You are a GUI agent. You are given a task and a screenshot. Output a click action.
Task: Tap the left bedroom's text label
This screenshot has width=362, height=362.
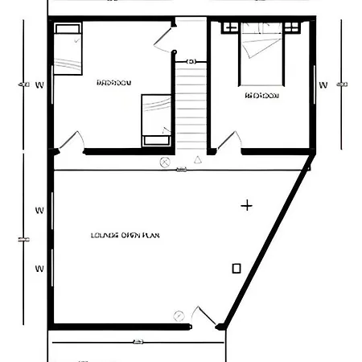[x=114, y=82]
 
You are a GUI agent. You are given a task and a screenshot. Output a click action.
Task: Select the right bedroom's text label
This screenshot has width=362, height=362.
[x=261, y=95]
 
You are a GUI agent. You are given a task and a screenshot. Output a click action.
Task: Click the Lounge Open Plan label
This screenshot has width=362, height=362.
[x=126, y=236]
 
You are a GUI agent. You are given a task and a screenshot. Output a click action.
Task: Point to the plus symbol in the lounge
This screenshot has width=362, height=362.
[x=247, y=206]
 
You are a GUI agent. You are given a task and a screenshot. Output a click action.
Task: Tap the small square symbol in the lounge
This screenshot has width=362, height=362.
[x=237, y=268]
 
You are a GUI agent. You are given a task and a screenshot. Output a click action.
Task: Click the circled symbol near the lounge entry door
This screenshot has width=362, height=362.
[x=179, y=315]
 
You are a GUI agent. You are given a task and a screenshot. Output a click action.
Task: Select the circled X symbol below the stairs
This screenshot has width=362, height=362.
[x=165, y=162]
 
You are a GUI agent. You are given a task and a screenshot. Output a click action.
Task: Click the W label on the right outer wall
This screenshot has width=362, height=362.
[x=323, y=84]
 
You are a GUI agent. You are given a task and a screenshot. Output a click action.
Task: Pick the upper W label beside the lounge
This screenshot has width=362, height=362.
[x=39, y=211]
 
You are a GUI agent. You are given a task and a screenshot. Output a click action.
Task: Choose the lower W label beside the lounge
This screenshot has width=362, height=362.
[x=39, y=268]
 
